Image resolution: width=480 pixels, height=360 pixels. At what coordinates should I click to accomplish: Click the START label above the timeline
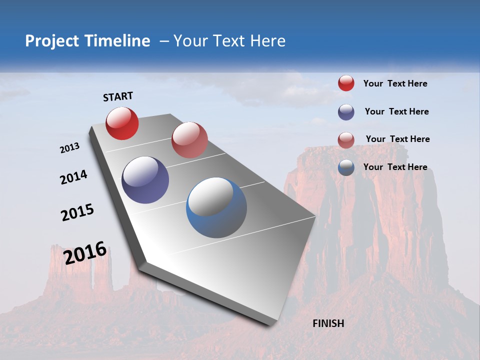click(118, 96)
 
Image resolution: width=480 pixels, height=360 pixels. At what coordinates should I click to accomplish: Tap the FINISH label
click(328, 323)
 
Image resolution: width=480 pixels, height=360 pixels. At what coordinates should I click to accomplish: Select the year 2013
click(69, 148)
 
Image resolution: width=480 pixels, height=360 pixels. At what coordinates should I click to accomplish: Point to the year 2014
click(73, 177)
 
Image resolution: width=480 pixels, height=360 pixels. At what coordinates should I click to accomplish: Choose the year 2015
click(77, 212)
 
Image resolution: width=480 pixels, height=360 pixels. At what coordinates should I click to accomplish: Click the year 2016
click(85, 252)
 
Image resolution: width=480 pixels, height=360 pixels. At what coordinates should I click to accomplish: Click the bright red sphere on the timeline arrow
click(122, 123)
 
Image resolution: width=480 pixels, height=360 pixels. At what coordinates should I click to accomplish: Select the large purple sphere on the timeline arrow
click(145, 180)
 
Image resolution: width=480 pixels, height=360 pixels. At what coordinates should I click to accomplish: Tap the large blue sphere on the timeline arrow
click(216, 207)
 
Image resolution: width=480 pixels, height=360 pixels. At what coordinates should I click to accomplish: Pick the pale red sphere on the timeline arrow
click(189, 140)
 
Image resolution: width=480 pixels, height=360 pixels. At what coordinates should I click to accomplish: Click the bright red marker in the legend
click(346, 83)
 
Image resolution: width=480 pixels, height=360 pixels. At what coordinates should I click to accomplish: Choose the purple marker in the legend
click(346, 112)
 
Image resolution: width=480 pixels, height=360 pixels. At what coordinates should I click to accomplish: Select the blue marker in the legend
click(346, 167)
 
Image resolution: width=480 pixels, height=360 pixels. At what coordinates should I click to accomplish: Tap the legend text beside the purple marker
click(396, 111)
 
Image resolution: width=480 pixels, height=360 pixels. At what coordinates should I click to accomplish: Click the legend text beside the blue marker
click(395, 167)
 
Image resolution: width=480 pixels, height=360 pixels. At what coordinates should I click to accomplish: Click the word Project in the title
click(52, 41)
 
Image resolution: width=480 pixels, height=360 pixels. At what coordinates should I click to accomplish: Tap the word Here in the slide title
click(267, 41)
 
